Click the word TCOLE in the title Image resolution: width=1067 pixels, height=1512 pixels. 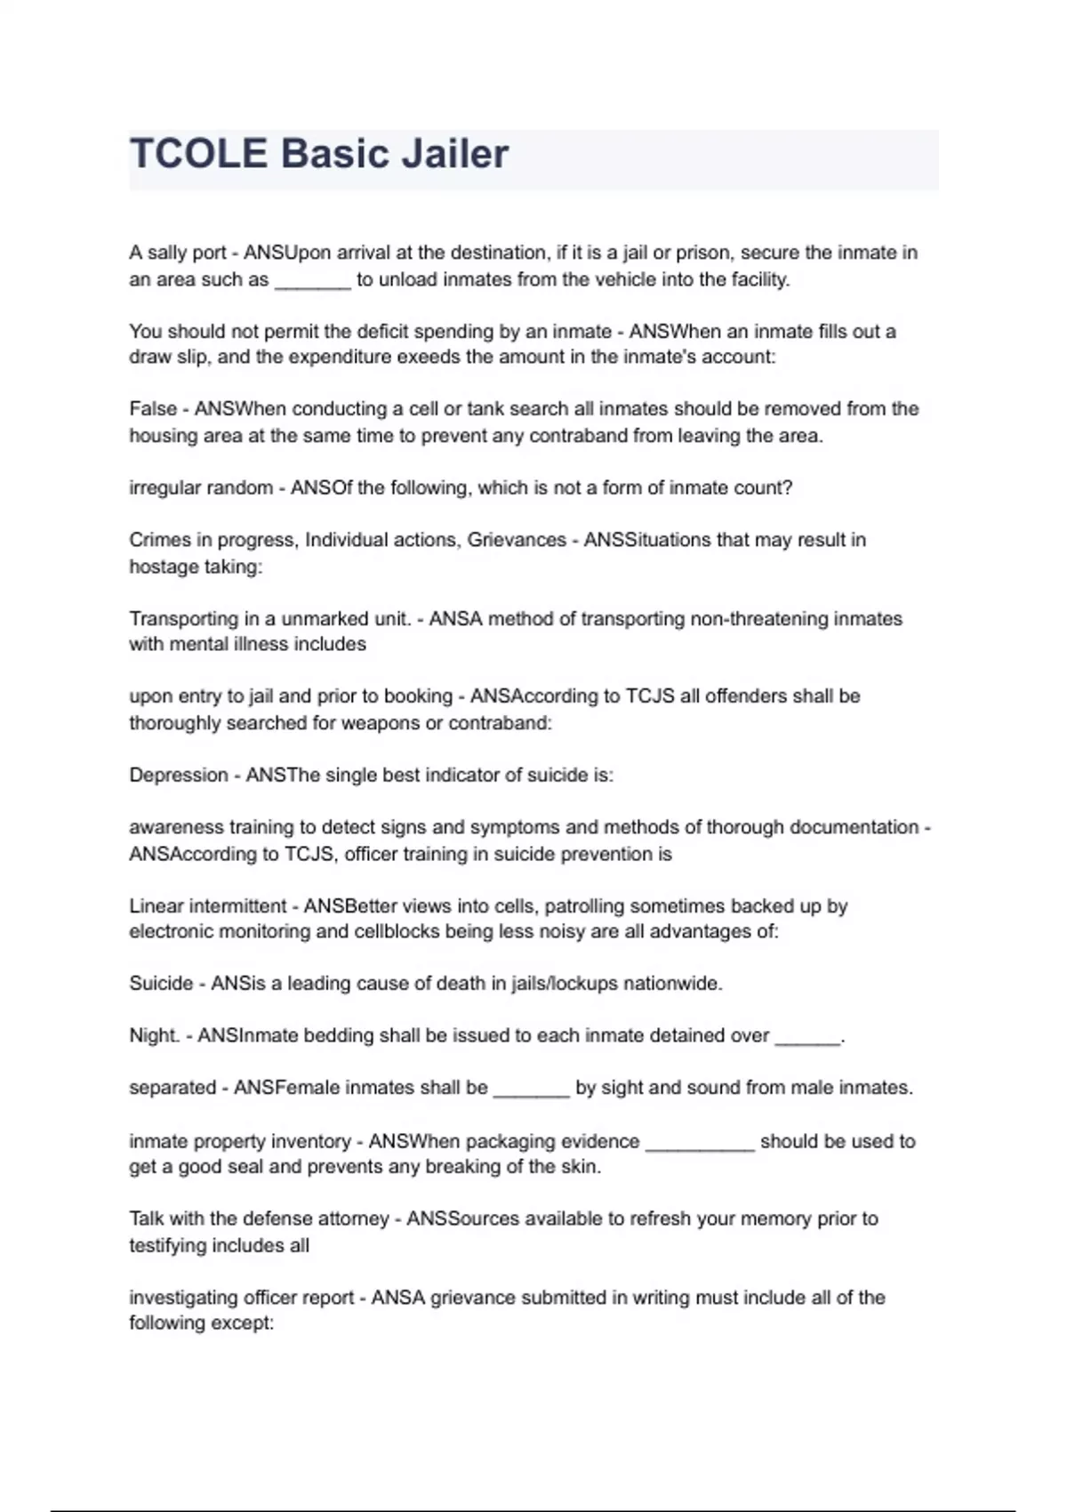(198, 154)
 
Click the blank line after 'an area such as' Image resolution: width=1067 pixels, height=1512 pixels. (313, 281)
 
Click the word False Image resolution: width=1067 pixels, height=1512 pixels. (153, 409)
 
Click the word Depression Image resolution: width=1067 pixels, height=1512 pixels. (179, 776)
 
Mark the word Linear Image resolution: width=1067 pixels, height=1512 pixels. (156, 906)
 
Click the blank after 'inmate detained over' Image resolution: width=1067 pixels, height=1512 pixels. (807, 1038)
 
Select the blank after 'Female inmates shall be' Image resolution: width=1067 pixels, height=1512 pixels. (531, 1090)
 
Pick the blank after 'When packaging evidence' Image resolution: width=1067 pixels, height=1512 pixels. (700, 1144)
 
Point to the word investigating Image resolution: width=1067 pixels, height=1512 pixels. (183, 1298)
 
